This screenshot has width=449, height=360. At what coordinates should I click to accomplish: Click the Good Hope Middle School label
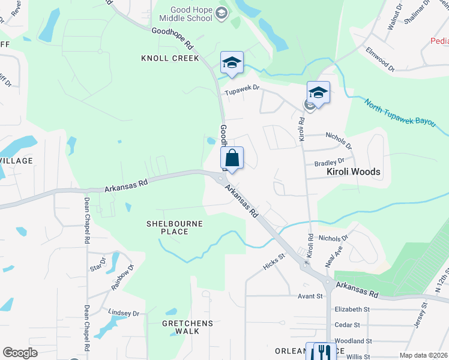191,14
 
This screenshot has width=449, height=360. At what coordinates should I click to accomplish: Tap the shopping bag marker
232,159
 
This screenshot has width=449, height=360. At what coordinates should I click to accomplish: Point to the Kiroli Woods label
353,172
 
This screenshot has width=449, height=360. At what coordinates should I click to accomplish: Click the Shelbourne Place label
175,228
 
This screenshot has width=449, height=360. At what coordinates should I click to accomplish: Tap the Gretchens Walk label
188,328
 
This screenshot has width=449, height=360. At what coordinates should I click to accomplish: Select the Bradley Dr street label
330,161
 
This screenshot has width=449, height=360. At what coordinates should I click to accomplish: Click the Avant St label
310,296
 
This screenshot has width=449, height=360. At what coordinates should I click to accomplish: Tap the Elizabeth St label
352,309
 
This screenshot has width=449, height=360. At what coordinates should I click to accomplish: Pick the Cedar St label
348,325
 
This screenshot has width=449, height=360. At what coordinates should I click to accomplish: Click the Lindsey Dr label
124,313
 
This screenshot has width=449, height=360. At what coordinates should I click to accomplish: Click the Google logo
20,353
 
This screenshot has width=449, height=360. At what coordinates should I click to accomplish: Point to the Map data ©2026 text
423,355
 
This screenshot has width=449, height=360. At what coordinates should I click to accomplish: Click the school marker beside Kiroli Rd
318,93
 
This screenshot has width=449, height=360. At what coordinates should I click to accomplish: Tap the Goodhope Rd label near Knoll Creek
172,37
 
